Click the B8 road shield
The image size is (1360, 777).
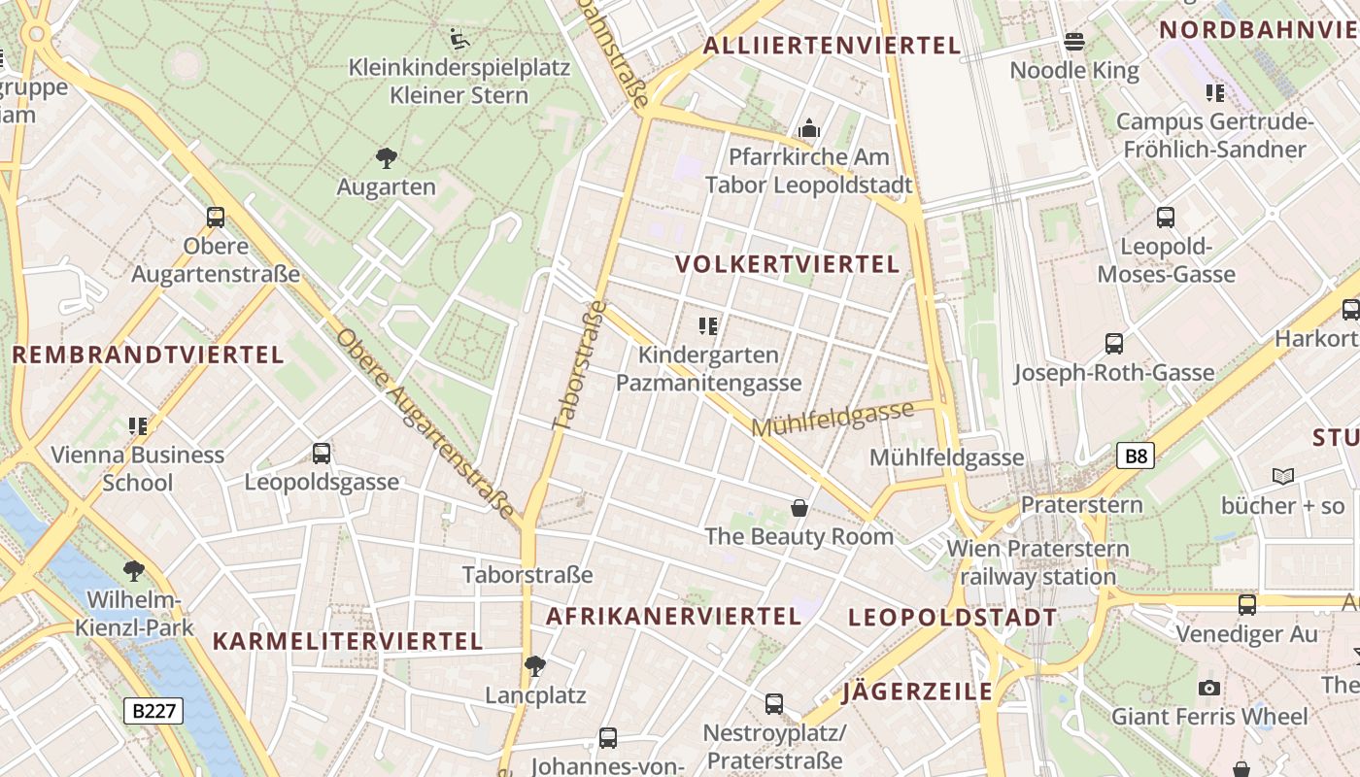[x=1135, y=456]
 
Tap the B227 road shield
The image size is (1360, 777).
[x=154, y=711]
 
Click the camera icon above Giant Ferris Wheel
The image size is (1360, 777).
[x=1209, y=688]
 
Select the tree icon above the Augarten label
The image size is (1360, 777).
[x=386, y=157]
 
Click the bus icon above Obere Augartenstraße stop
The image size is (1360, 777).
[x=216, y=218]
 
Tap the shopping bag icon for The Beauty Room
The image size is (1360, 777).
[x=799, y=508]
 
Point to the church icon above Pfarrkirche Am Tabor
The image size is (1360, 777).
[x=808, y=128]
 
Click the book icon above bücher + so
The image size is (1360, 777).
[x=1283, y=477]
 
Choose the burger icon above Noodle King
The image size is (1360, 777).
[x=1074, y=42]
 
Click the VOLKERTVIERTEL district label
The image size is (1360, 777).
[x=788, y=264]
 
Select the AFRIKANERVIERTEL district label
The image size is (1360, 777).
[x=674, y=616]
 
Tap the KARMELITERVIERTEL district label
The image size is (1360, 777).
[x=348, y=641]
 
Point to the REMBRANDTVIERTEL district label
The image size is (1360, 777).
[x=148, y=355]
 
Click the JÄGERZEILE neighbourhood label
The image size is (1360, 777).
[x=917, y=692]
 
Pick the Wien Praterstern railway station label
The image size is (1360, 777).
[x=1038, y=562]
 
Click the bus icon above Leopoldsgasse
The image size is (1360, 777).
[x=322, y=454]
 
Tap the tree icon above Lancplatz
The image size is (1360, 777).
[x=534, y=666]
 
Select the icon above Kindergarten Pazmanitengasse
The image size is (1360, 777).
[x=708, y=326]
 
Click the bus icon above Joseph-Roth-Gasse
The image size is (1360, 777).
[x=1114, y=344]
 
